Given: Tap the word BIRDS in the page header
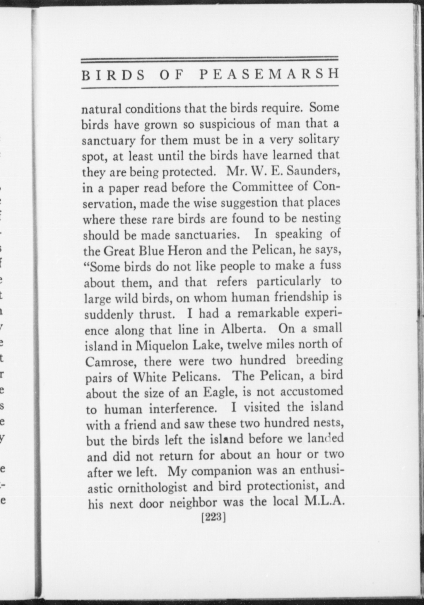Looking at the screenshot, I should [113, 75].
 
